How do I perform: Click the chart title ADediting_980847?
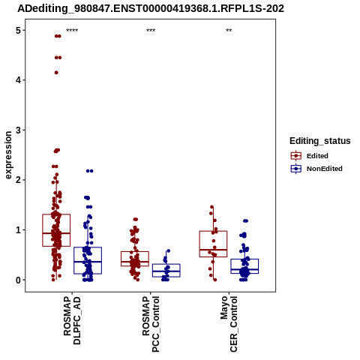[x=151, y=9]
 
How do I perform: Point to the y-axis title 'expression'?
[x=8, y=155]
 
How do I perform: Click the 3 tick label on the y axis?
[x=18, y=130]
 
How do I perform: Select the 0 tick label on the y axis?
[x=18, y=280]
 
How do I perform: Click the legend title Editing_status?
[x=320, y=141]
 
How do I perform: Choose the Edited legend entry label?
[x=317, y=156]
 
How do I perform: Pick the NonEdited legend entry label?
[x=325, y=169]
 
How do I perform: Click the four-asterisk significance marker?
[x=72, y=31]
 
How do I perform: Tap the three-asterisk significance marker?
[x=151, y=31]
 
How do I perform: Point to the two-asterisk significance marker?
[x=229, y=31]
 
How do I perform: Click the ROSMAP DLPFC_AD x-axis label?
[x=72, y=320]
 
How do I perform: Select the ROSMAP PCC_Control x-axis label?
[x=151, y=324]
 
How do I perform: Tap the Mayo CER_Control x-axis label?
[x=229, y=324]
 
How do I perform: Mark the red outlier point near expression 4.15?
[x=56, y=73]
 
